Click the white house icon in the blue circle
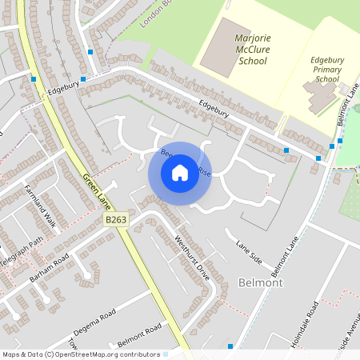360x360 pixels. coord(180,172)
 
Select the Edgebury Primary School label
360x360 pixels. coord(326,69)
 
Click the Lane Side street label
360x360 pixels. coord(249,251)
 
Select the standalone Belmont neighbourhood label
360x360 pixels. coord(259,282)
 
